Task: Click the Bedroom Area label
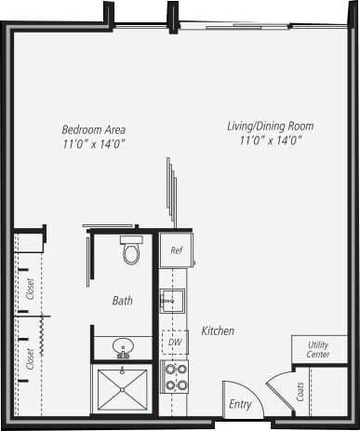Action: [x=93, y=129]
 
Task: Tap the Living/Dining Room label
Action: [x=270, y=126]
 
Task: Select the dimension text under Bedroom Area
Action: [x=93, y=143]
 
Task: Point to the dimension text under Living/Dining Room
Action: [x=270, y=141]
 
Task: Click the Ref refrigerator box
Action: [x=175, y=249]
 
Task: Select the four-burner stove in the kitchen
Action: [x=175, y=375]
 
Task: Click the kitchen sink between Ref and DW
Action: [x=172, y=301]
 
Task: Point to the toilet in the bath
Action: [x=131, y=250]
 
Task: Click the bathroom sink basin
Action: [x=122, y=349]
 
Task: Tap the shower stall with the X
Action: [x=123, y=390]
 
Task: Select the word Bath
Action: [x=123, y=301]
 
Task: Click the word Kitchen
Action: [x=218, y=330]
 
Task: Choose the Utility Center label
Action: [x=318, y=350]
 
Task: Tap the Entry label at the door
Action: [x=240, y=404]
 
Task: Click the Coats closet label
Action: [x=300, y=394]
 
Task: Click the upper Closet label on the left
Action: [x=31, y=290]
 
